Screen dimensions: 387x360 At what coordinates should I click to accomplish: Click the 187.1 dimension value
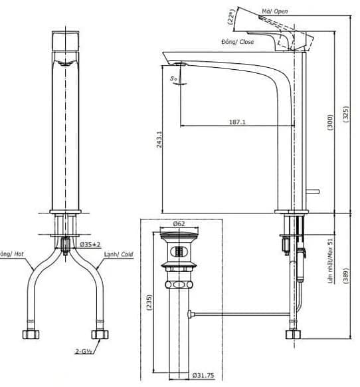click(236, 122)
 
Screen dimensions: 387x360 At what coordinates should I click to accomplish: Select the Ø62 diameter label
click(178, 224)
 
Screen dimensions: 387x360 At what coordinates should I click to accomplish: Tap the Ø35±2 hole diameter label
click(90, 245)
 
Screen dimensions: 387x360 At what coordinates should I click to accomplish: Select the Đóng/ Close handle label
click(238, 41)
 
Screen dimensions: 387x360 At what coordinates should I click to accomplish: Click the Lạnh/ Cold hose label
click(119, 255)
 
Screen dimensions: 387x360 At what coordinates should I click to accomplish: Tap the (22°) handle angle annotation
click(232, 16)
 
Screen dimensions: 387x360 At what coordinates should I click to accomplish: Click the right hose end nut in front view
click(100, 332)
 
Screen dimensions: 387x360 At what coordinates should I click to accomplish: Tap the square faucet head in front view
click(64, 44)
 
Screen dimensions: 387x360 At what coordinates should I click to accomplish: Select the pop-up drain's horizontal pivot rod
click(239, 313)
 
